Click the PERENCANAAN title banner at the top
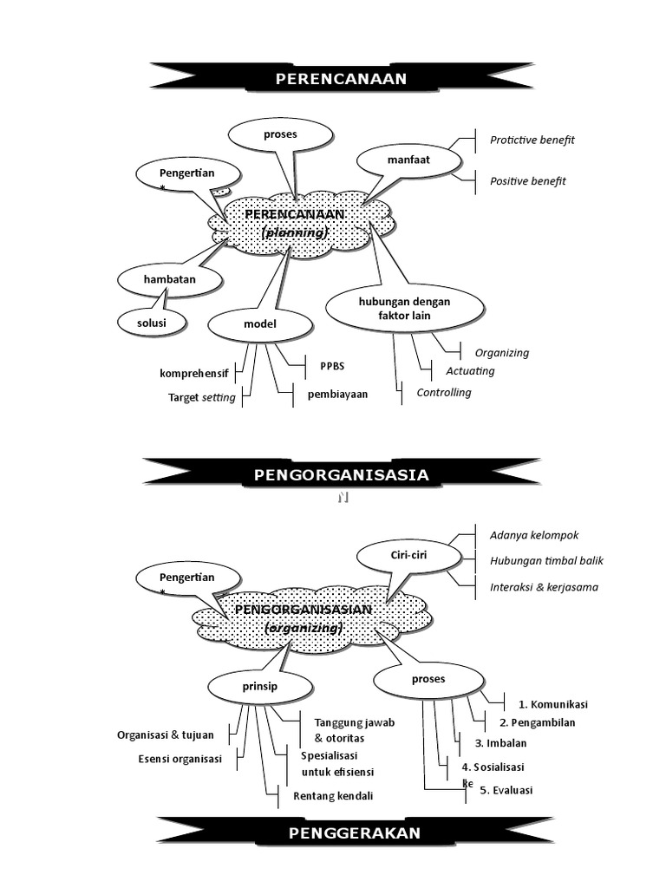point(341,80)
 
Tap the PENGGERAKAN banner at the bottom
point(354,833)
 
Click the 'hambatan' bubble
point(170,279)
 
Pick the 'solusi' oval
point(153,323)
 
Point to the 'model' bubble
point(259,324)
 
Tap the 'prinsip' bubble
point(259,688)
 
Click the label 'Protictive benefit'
point(532,140)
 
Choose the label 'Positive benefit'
point(527,181)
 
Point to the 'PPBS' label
point(332,366)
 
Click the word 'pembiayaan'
point(337,394)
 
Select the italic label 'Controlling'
point(443,393)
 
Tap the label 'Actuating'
point(470,371)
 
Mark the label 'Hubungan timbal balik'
point(546,560)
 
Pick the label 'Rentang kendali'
point(333,796)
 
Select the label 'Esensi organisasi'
point(180,759)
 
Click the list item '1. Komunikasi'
point(553,703)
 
